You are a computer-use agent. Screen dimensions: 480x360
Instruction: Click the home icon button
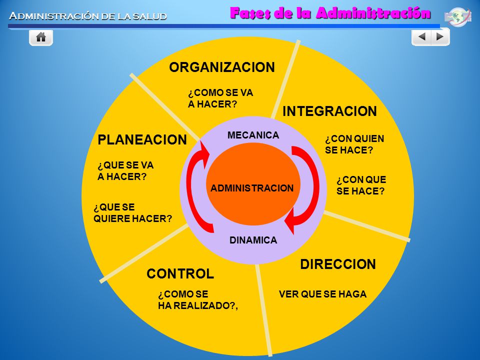tap(41, 37)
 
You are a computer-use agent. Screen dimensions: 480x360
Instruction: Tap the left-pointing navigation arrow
tap(421, 36)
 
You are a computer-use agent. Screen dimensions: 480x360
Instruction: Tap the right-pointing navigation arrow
tap(440, 36)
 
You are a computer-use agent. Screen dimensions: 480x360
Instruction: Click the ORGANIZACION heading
tap(222, 67)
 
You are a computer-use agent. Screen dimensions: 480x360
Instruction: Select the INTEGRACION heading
tap(329, 111)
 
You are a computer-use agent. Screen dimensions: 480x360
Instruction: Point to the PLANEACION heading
tap(142, 139)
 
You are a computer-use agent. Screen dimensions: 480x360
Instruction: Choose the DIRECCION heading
tap(338, 264)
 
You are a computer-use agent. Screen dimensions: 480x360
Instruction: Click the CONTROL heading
tap(180, 273)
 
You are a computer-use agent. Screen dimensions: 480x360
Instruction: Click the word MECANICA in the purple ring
tap(253, 135)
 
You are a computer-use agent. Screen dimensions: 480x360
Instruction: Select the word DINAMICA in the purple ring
tap(253, 240)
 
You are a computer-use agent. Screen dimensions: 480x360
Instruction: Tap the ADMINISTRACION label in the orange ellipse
tap(252, 188)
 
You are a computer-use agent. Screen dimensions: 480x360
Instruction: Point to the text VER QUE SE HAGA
tap(322, 294)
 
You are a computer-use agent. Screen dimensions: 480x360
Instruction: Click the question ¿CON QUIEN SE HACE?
tap(354, 144)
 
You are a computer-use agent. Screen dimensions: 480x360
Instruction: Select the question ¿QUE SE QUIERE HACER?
tap(133, 213)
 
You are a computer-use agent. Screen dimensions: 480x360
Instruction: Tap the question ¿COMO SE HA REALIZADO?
tap(198, 300)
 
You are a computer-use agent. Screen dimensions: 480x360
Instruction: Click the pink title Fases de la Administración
tap(330, 13)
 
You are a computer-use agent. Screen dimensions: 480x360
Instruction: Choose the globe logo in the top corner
tap(457, 16)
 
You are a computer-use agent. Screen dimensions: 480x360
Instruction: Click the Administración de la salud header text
tap(88, 16)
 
